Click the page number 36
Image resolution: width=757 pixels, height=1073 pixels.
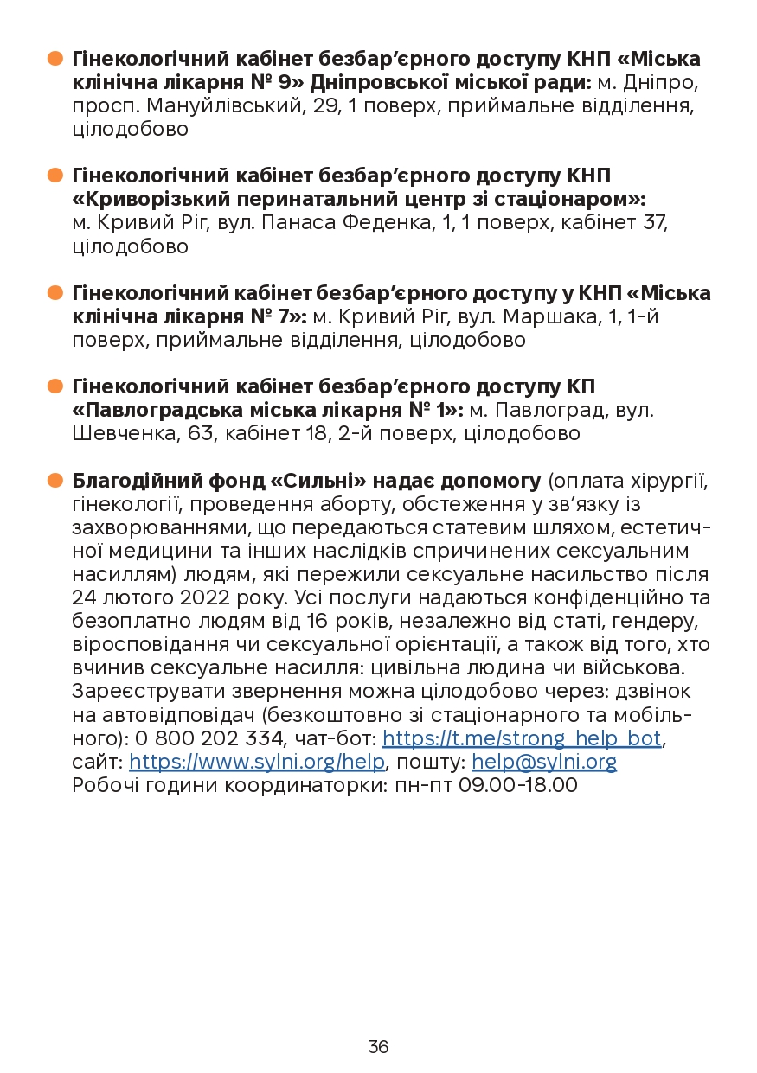click(378, 1047)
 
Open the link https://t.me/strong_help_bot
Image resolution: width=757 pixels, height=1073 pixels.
click(522, 738)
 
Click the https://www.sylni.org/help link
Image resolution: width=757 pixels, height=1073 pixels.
click(257, 762)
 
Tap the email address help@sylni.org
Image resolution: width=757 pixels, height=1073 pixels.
click(543, 762)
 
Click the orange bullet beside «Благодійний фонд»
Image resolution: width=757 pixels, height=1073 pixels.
click(55, 480)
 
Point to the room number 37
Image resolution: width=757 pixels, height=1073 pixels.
click(657, 223)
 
